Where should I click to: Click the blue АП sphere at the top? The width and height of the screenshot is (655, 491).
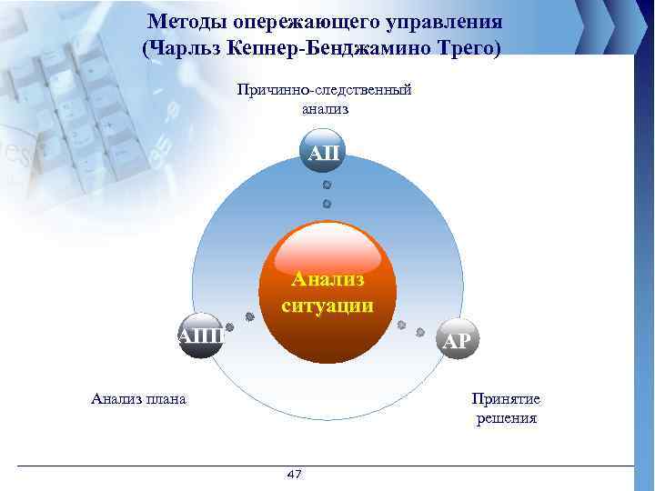(325, 152)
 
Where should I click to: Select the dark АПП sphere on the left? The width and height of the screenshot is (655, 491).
(202, 336)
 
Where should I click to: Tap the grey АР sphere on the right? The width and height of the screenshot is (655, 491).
(457, 340)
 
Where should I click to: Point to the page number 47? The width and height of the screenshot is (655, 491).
(294, 475)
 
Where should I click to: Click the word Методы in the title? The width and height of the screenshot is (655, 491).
(188, 22)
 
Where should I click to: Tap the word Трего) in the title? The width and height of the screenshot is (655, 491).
(467, 47)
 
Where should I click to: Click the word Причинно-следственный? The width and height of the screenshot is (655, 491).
(325, 90)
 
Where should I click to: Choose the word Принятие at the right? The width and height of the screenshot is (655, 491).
(506, 399)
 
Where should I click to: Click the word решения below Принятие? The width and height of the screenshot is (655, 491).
(506, 419)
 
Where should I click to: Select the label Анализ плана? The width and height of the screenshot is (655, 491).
(139, 397)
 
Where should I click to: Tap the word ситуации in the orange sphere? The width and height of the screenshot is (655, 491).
(327, 306)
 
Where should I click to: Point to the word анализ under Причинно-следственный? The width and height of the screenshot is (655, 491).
(325, 109)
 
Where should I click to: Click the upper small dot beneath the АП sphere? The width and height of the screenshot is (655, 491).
(327, 185)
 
